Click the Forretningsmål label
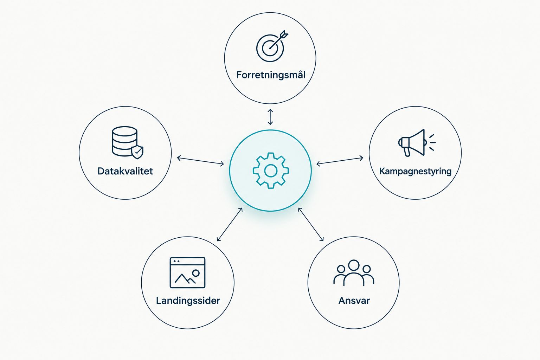pos(271,75)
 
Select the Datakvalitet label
pos(125,171)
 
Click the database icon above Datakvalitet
pos(125,141)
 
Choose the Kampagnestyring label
pos(415,172)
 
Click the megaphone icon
pos(417,143)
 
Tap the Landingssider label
pos(188,301)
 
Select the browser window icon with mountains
pos(187,272)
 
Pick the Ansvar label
pos(354,301)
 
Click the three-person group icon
pos(354,273)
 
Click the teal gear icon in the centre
pos(271,171)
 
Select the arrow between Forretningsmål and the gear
pos(270,117)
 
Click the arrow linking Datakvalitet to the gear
pos(201,161)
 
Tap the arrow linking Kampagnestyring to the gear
pos(340,161)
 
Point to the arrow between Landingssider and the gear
pos(230,224)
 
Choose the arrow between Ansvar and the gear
pos(311,224)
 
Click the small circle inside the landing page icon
pos(196,273)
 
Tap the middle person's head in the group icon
pos(354,265)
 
